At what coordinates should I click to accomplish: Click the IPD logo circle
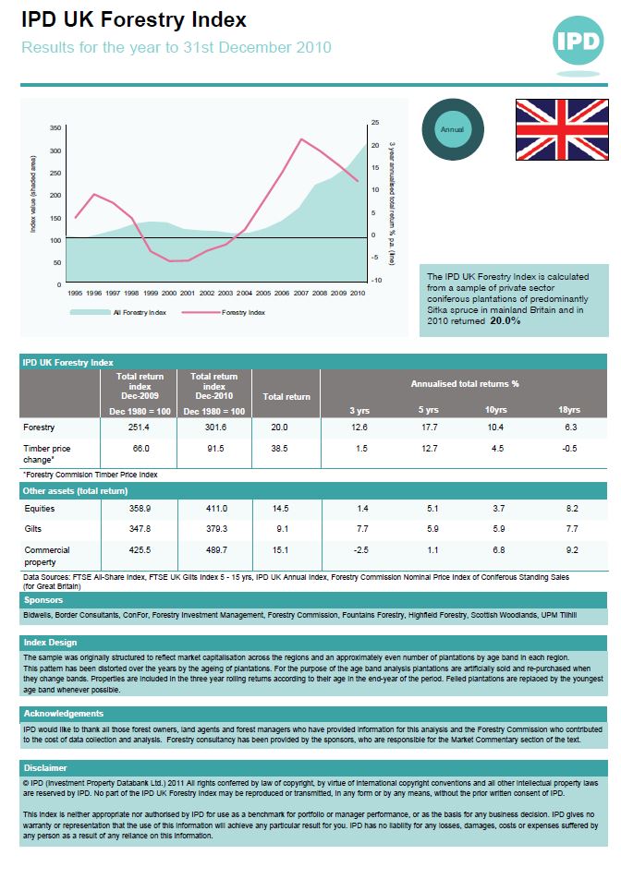(578, 40)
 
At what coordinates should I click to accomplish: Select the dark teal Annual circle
(453, 129)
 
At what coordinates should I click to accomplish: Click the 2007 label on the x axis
(301, 293)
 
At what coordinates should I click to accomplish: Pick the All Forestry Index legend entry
(119, 312)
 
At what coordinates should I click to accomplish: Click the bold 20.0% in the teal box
(505, 321)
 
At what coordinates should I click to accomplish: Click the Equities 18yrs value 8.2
(570, 509)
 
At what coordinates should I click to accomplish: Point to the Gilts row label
(33, 529)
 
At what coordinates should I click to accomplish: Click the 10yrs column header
(495, 409)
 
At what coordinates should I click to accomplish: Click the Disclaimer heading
(45, 768)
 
